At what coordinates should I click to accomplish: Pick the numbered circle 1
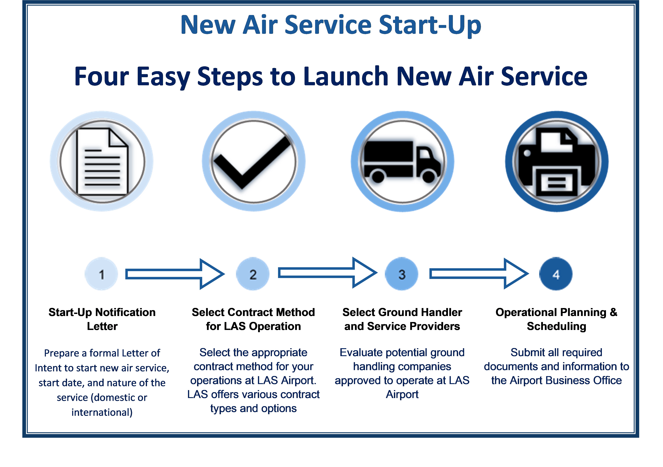(101, 274)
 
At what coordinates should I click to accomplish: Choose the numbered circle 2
(253, 274)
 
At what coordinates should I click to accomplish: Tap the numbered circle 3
(402, 274)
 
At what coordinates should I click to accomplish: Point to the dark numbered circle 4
(556, 274)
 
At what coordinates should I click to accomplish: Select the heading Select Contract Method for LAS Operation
(253, 319)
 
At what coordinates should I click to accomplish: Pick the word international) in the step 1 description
(102, 412)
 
